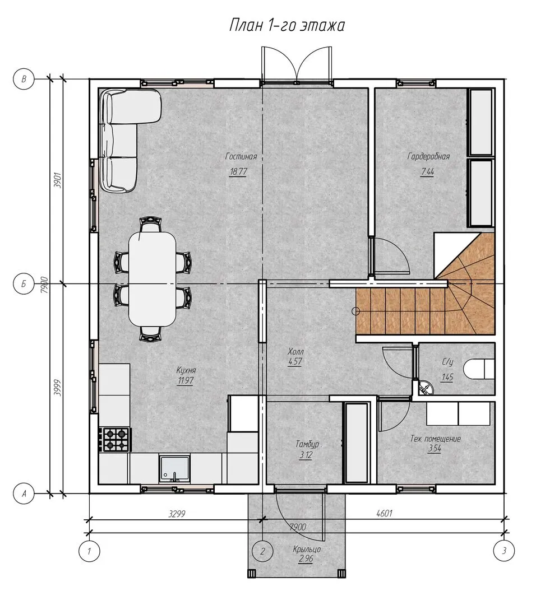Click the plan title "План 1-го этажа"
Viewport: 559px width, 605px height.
[x=287, y=25]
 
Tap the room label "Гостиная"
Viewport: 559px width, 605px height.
[x=241, y=156]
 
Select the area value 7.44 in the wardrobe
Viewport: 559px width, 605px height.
[x=428, y=171]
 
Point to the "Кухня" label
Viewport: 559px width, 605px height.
[x=186, y=370]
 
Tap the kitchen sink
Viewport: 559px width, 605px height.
[x=174, y=468]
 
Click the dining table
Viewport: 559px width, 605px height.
[x=152, y=278]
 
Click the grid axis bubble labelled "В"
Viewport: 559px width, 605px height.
[x=24, y=79]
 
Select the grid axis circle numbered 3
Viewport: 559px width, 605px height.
[x=504, y=551]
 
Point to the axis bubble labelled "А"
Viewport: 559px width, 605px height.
[x=24, y=494]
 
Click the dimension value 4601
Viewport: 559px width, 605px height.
[x=384, y=513]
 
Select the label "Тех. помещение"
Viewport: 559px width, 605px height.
[x=436, y=439]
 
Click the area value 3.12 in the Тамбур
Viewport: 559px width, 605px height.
[x=306, y=455]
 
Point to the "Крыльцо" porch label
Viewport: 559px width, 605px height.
[x=307, y=549]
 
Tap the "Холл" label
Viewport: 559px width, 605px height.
[x=295, y=351]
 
